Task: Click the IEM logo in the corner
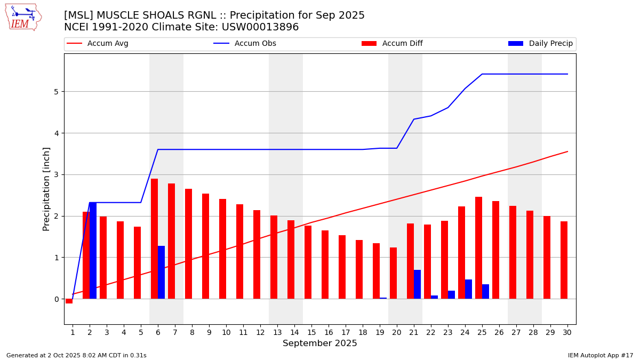click(x=23, y=17)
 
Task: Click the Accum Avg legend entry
click(x=98, y=44)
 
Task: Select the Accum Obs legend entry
click(x=245, y=44)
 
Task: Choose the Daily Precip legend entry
click(x=541, y=44)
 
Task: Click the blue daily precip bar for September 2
click(x=93, y=251)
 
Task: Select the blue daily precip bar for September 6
click(x=161, y=272)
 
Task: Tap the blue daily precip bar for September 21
click(x=417, y=284)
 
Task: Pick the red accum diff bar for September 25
click(x=478, y=248)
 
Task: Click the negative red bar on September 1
click(x=69, y=301)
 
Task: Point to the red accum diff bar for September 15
click(x=308, y=262)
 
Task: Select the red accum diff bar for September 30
click(x=564, y=260)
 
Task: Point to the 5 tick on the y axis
click(x=55, y=92)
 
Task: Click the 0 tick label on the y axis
click(x=55, y=299)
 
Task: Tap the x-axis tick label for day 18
click(x=363, y=332)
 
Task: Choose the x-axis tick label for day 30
click(x=567, y=332)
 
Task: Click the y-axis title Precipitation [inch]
click(x=47, y=189)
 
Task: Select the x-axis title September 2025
click(x=320, y=343)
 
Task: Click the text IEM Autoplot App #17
click(x=601, y=355)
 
